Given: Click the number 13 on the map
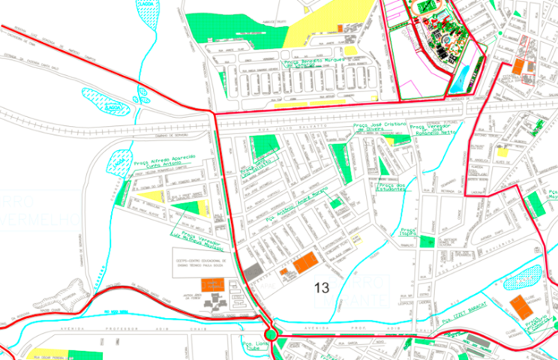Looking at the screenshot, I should tap(322, 287).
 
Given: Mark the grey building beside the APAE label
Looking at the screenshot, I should tap(252, 270).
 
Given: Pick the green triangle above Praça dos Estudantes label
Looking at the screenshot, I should tap(385, 165).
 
